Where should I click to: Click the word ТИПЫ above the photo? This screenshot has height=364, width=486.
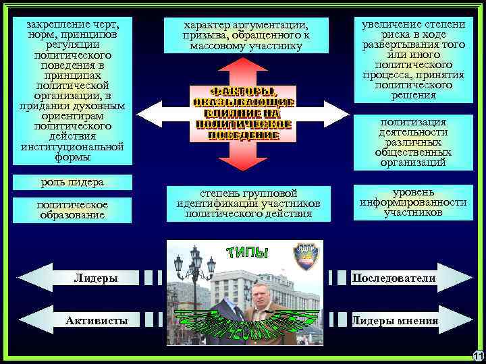pyautogui.click(x=248, y=252)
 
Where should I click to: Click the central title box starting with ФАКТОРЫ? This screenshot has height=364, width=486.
pyautogui.click(x=243, y=113)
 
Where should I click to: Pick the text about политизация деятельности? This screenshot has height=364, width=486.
pyautogui.click(x=413, y=142)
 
